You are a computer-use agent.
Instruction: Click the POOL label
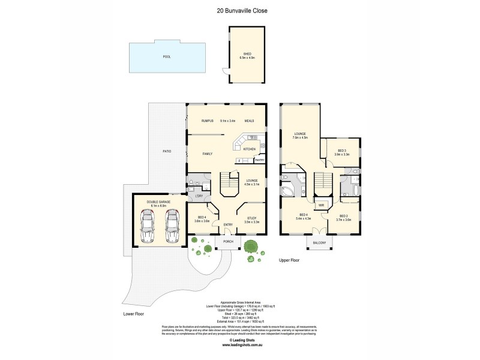(167, 56)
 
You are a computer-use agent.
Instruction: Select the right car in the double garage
(172, 226)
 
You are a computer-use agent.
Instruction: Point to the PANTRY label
(259, 160)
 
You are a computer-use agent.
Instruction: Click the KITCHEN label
(250, 149)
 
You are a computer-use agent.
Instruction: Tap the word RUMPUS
(208, 120)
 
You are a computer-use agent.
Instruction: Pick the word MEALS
(250, 120)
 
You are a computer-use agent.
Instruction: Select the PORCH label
(228, 242)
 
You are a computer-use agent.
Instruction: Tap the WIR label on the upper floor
(321, 205)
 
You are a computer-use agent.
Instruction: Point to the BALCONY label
(319, 242)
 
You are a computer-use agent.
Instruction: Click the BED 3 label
(341, 151)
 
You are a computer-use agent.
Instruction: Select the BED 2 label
(344, 215)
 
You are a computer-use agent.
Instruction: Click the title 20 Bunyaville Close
(239, 10)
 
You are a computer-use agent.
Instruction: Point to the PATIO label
(167, 151)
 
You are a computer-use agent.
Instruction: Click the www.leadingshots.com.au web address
(240, 346)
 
